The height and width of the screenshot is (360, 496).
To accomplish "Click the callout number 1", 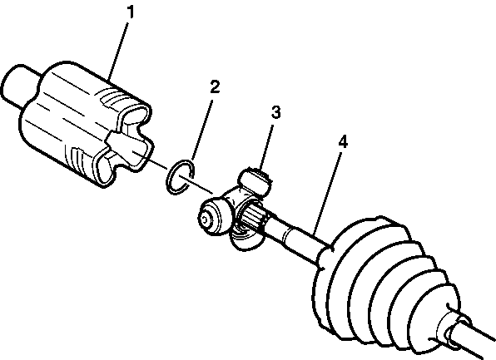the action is point(131,12).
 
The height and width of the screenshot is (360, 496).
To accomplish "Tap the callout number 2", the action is point(215,87).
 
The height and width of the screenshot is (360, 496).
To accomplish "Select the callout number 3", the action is point(275,112).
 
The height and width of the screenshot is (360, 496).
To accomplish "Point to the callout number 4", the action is point(343,141).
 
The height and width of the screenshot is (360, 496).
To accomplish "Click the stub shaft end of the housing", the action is point(19,86).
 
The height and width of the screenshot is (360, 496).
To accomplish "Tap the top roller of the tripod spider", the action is point(257,180).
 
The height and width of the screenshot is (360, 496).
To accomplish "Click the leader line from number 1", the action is point(119,49).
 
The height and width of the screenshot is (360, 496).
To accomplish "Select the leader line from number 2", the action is point(201,130).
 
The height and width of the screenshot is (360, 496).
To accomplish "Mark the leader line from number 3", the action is point(266,146).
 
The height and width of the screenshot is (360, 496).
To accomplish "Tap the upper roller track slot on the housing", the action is point(135,116).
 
